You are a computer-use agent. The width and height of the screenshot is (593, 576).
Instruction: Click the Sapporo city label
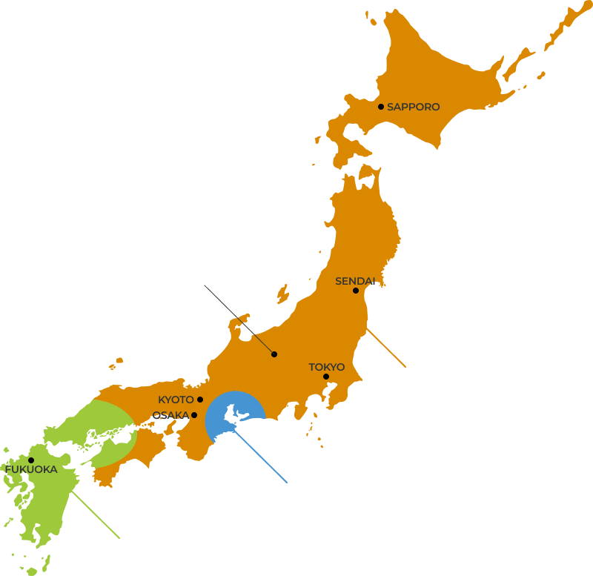(413, 107)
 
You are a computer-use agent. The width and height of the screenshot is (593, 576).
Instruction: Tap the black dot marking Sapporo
(381, 107)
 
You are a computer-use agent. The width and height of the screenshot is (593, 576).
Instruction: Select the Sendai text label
(355, 281)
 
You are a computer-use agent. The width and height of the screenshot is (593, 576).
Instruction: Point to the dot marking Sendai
(356, 291)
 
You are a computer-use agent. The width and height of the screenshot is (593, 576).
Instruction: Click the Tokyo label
(326, 367)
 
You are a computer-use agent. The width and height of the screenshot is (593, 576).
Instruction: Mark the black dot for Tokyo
(326, 377)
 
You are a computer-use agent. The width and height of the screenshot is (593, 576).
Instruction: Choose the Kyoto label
(176, 400)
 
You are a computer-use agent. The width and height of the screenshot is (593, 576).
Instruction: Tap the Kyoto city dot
(200, 400)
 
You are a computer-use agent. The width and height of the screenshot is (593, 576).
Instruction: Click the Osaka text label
(170, 415)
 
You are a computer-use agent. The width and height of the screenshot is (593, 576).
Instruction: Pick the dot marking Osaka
(194, 415)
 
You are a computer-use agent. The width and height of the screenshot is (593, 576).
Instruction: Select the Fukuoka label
(31, 469)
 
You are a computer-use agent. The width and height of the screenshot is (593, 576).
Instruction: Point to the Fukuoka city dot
(31, 460)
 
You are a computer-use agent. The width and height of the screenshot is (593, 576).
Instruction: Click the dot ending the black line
(274, 354)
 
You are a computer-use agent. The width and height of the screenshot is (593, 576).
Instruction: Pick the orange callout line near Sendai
(386, 347)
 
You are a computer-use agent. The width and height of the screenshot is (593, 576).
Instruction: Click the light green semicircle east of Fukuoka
(111, 434)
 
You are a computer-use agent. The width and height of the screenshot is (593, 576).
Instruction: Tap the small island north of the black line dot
(282, 294)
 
